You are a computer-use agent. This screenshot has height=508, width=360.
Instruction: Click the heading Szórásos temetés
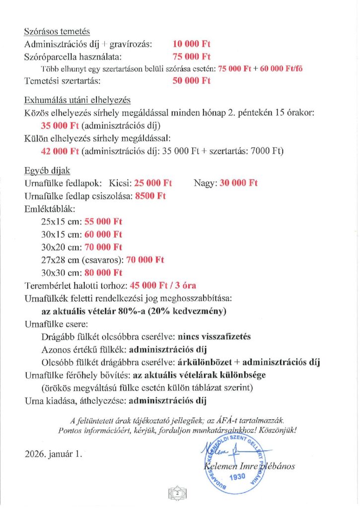[57, 31]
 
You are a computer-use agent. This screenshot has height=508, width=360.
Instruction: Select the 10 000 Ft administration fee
[192, 44]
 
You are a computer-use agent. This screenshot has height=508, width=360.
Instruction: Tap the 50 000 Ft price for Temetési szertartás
[192, 81]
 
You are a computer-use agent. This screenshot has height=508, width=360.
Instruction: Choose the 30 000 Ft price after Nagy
[238, 183]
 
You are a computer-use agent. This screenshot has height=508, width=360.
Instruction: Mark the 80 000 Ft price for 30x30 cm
[103, 272]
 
